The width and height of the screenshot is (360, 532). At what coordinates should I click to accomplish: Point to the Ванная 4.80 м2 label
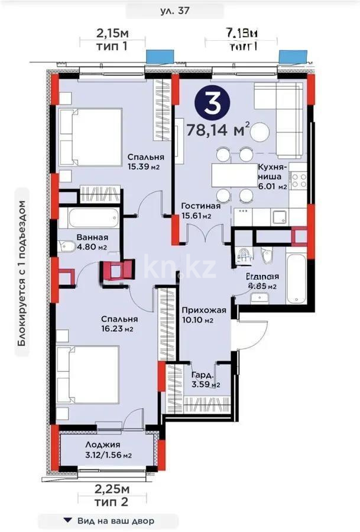[x=91, y=242]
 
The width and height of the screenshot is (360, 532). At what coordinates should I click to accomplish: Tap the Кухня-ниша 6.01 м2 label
[x=272, y=177]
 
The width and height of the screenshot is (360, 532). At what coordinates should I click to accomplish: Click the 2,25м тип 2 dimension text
[x=112, y=494]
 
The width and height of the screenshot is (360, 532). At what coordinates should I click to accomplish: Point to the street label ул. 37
[x=175, y=10]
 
